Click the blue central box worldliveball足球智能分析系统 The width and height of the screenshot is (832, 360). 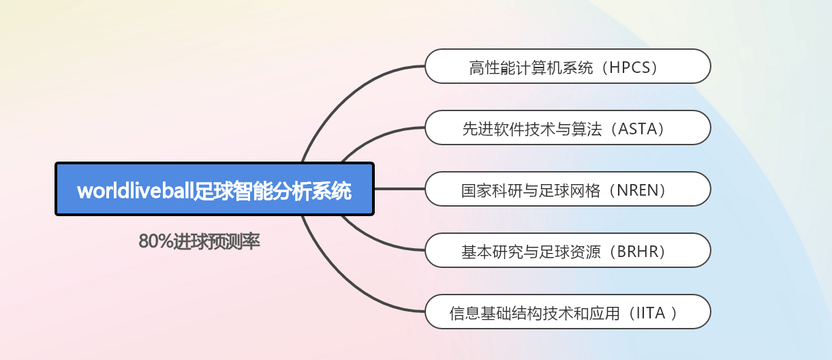(x=215, y=189)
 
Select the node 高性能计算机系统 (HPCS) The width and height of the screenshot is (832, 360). (x=568, y=66)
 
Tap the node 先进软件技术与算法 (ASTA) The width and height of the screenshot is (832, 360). (x=568, y=127)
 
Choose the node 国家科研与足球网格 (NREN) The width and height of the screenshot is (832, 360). (x=568, y=189)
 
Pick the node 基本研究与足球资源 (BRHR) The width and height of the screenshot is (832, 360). (x=568, y=250)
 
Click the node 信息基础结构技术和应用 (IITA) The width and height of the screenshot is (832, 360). (x=568, y=312)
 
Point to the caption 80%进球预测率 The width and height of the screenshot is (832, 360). (x=199, y=241)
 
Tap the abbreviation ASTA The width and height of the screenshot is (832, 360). (x=637, y=129)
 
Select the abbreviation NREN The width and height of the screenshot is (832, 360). (x=638, y=190)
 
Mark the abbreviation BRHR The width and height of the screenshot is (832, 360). (x=638, y=252)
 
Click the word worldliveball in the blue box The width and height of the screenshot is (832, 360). (x=136, y=191)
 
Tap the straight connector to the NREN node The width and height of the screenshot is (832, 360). (x=400, y=189)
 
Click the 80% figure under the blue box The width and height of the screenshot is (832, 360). (x=155, y=241)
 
